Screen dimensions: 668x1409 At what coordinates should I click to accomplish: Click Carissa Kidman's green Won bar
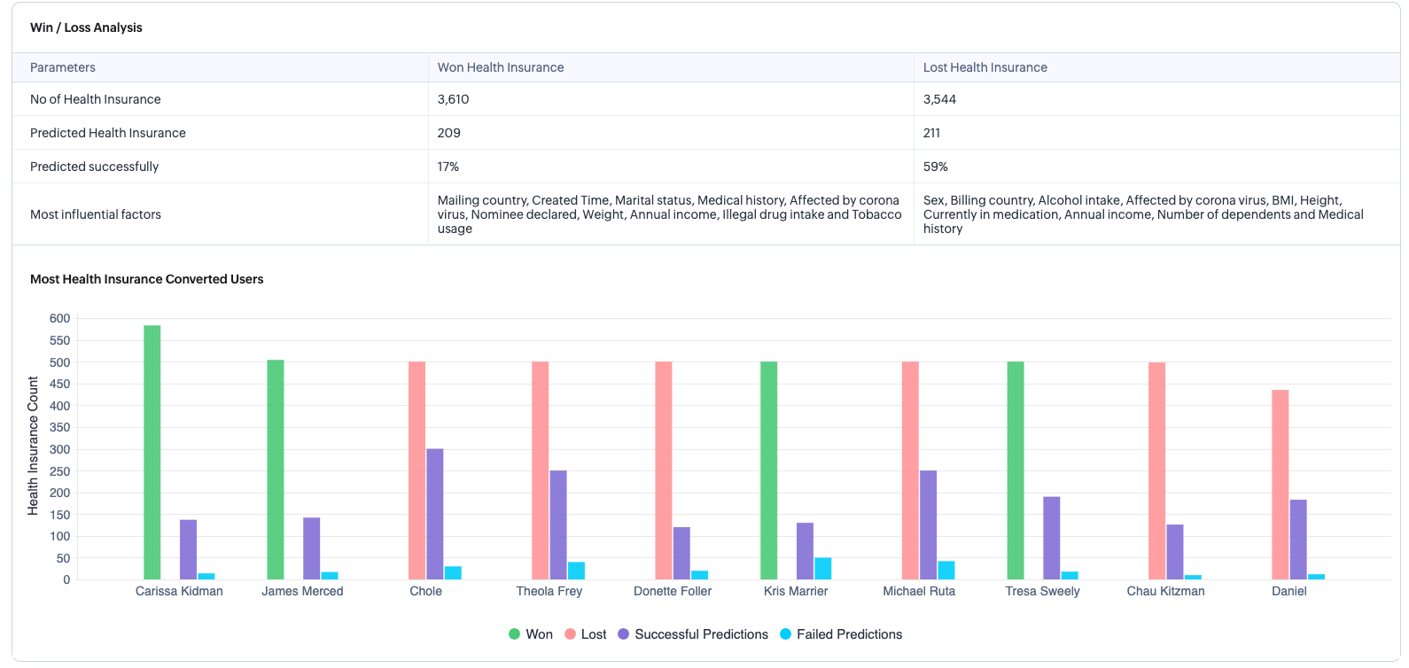152,452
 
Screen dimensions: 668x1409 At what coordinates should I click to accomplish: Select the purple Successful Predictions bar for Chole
435,514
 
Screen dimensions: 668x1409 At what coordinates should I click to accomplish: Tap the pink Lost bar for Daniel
1281,485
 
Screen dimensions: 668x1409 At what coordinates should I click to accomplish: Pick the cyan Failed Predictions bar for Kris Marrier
823,569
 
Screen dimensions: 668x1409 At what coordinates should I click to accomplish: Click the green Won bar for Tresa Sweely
1016,470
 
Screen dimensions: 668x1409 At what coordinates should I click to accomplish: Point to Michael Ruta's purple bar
929,524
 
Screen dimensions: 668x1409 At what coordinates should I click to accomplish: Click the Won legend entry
531,634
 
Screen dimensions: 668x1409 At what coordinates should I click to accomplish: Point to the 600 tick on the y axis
59,318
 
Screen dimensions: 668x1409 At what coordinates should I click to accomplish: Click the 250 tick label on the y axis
59,471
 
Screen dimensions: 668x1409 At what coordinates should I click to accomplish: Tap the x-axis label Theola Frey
549,591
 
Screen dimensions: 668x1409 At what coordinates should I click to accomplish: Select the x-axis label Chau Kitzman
1165,591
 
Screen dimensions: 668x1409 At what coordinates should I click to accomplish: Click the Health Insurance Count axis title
34,446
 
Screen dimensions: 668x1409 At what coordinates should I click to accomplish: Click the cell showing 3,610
454,99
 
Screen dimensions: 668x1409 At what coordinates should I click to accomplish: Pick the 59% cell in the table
936,167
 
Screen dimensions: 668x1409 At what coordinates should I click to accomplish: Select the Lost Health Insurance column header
985,67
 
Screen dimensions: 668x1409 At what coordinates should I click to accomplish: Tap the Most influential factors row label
96,214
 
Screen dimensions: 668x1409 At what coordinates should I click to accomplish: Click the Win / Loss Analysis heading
86,27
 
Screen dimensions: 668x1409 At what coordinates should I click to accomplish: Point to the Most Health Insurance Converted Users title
147,279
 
